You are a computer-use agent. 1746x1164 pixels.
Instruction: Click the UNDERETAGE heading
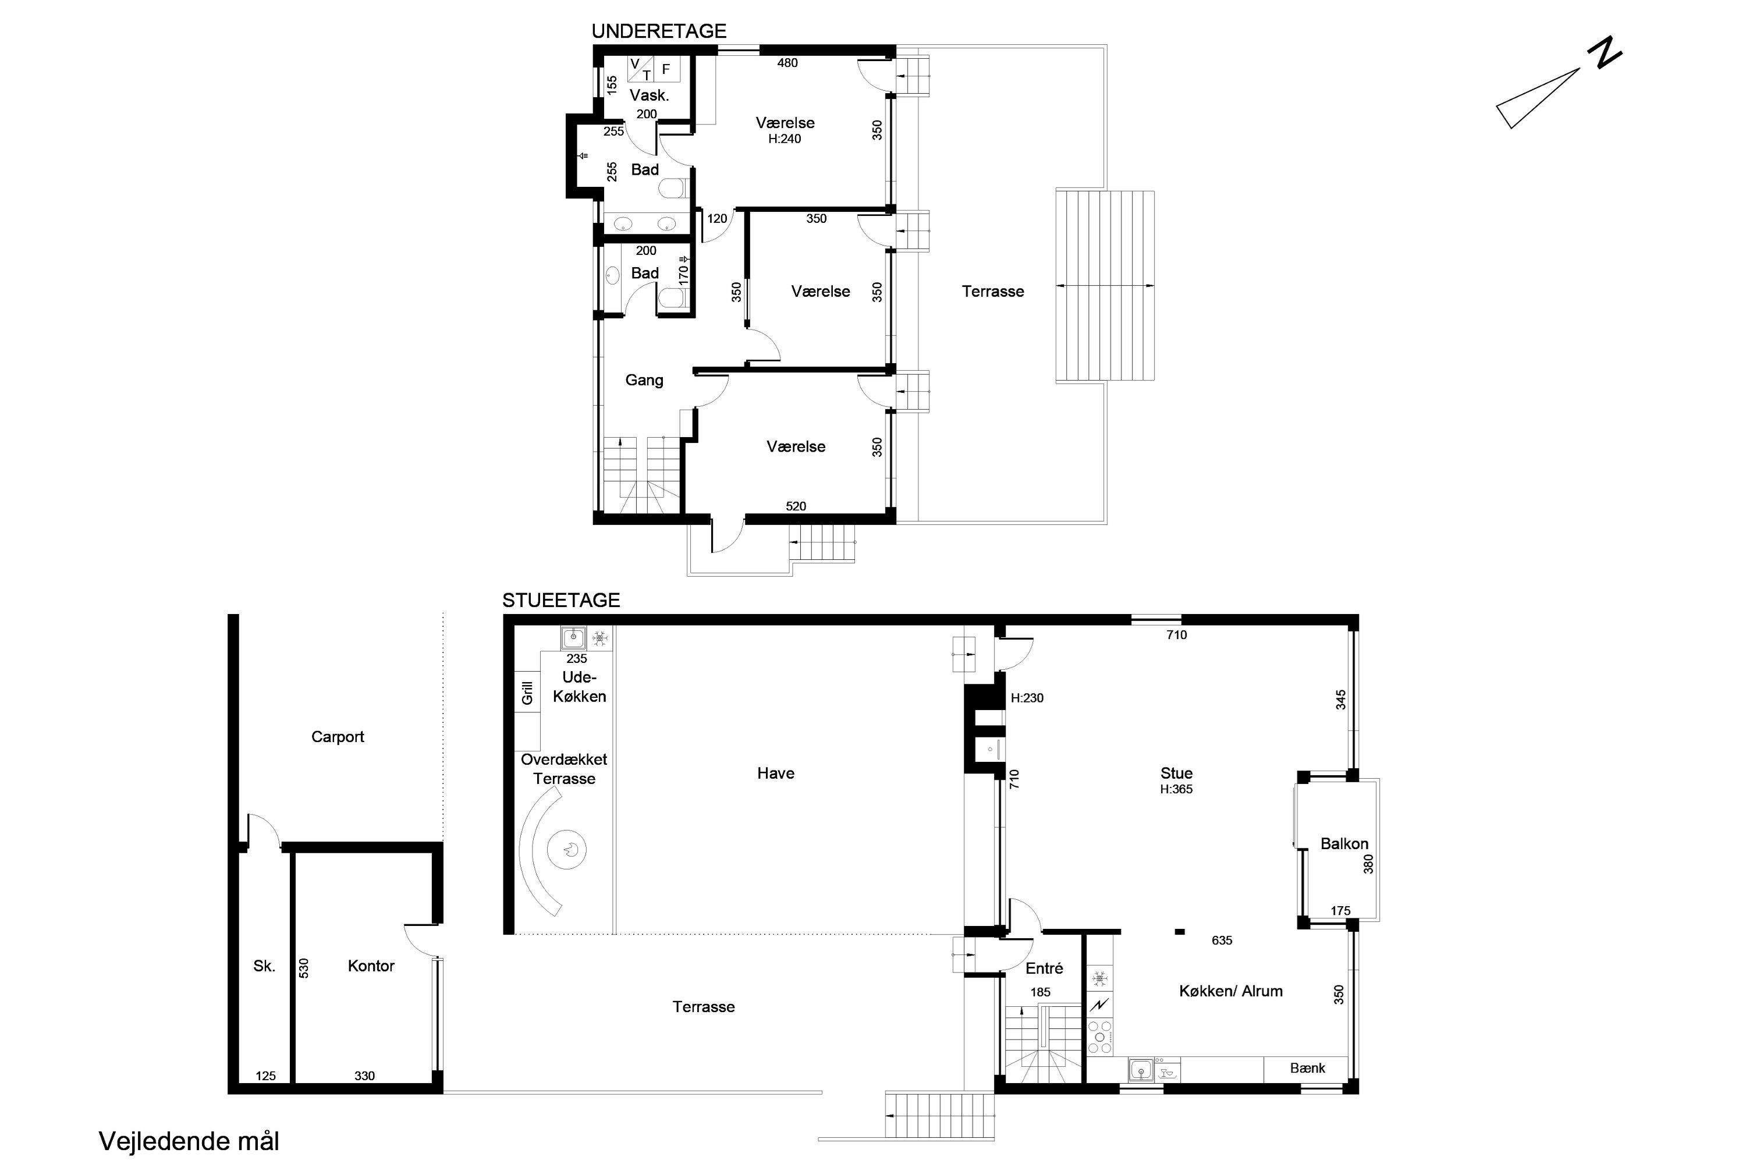(658, 31)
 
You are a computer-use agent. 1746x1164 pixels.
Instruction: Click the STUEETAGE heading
(561, 600)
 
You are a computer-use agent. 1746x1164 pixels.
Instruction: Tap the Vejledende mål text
(189, 1141)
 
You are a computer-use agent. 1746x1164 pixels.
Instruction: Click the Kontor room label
(371, 966)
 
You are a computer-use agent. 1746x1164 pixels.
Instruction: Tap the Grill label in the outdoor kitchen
(527, 693)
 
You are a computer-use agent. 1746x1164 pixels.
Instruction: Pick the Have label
(776, 773)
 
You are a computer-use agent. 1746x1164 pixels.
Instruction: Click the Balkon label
(1344, 843)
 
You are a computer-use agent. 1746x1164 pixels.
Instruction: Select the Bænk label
(1307, 1067)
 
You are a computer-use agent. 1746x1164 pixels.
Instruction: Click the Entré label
(1045, 968)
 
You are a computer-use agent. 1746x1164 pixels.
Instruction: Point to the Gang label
(644, 380)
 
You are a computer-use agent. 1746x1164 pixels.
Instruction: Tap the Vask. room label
(650, 95)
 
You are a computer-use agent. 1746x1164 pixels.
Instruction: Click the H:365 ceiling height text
(1177, 789)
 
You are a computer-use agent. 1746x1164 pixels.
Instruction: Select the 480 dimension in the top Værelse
(787, 63)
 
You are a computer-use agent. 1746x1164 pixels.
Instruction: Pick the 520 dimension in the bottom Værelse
(796, 506)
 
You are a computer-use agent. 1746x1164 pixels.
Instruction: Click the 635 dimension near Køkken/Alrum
(1222, 941)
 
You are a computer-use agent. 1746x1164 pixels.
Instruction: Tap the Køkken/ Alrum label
(1231, 991)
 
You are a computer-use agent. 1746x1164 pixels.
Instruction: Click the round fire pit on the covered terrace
(567, 849)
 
